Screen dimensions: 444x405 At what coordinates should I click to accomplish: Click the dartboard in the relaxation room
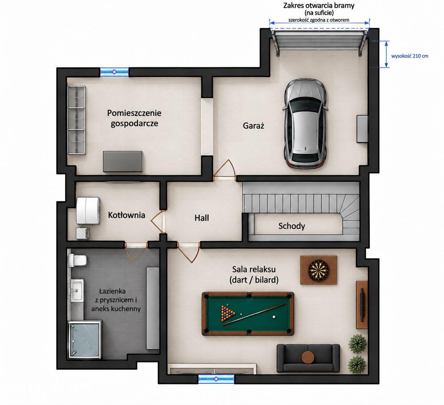(318, 270)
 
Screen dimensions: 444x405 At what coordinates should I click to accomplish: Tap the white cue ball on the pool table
(274, 317)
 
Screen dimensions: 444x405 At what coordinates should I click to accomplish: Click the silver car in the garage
(305, 123)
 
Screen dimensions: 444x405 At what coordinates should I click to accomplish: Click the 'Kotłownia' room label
(126, 215)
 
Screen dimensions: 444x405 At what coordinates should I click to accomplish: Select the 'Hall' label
(202, 218)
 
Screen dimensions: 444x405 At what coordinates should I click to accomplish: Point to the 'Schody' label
(291, 226)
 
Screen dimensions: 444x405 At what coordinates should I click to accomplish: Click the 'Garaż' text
(253, 126)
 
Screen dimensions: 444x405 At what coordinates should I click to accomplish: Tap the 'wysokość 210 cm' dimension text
(410, 56)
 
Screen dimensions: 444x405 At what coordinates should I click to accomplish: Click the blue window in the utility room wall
(114, 72)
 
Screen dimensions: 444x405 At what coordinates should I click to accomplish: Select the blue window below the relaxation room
(216, 379)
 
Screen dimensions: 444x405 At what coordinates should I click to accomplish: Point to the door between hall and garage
(225, 170)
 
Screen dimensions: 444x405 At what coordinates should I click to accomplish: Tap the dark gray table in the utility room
(123, 161)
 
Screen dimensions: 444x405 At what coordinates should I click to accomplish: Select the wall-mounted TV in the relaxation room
(362, 305)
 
